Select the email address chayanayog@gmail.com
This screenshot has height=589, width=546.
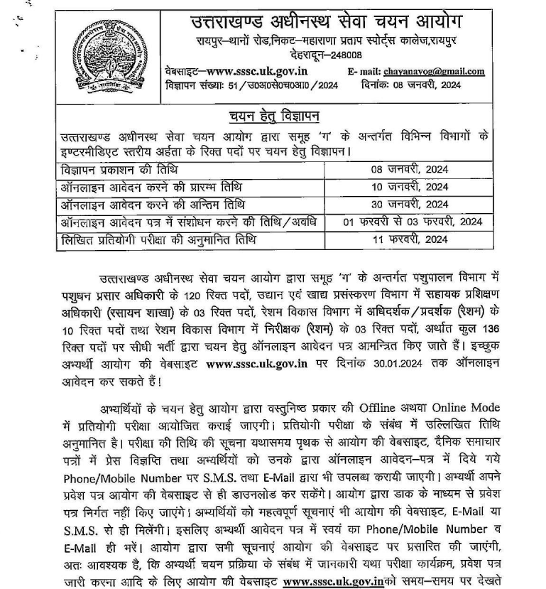coord(433,71)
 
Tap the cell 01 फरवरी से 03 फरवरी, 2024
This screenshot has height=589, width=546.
coord(412,222)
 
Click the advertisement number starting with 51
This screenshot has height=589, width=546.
coord(289,85)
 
